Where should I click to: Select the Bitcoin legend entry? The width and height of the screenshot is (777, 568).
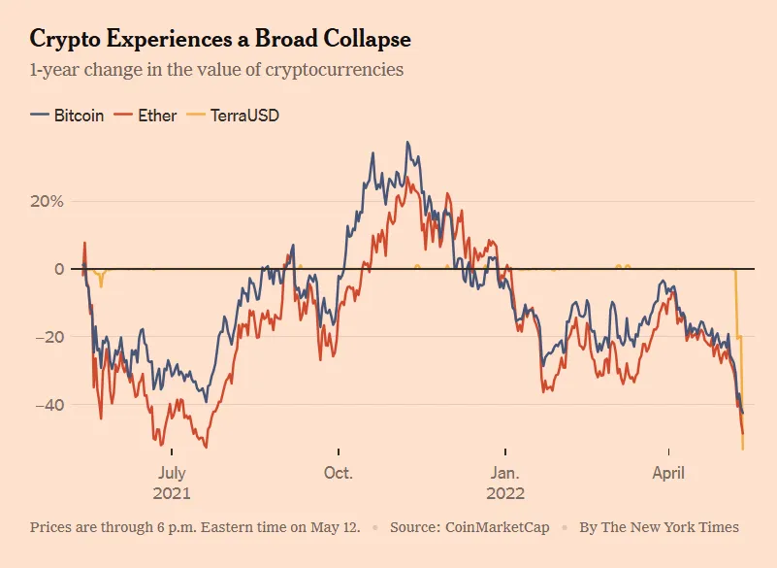(68, 116)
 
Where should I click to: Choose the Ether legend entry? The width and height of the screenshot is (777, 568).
(146, 116)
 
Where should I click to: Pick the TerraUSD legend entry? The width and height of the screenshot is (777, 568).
(234, 116)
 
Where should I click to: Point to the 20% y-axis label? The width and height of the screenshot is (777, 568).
(47, 202)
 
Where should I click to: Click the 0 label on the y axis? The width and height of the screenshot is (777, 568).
(58, 269)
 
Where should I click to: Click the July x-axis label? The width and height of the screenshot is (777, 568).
(172, 473)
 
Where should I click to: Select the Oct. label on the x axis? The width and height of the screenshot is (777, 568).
(339, 473)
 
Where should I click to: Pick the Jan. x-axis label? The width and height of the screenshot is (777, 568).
(504, 473)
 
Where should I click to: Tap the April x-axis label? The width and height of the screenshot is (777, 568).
(668, 473)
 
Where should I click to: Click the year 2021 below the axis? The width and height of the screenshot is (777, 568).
(172, 493)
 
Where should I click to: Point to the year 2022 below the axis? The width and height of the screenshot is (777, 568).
(504, 493)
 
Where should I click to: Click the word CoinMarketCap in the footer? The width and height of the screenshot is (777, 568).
(496, 527)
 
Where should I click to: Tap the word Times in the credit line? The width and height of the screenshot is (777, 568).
(719, 527)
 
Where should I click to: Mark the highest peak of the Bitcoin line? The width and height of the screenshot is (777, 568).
(407, 143)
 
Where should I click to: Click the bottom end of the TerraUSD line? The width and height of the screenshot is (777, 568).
(743, 449)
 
